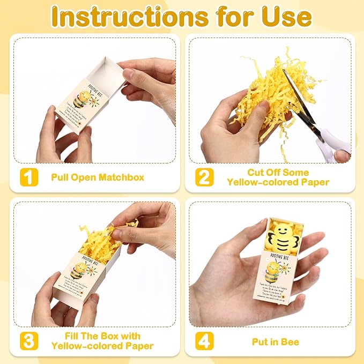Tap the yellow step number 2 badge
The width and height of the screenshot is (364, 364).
coord(204,176)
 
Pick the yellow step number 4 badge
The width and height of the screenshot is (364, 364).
coord(204,340)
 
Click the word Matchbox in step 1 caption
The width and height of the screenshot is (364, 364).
coord(123,177)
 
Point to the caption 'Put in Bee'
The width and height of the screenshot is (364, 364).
coord(276,341)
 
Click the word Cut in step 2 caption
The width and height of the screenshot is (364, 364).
coord(256,172)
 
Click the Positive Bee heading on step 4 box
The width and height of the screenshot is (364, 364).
coord(283,257)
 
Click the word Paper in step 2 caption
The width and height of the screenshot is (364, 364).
coord(313,182)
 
